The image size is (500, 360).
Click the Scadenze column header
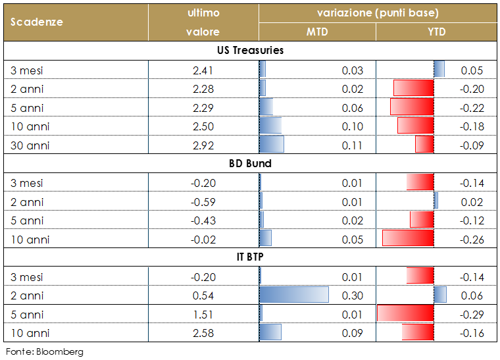tap(37, 22)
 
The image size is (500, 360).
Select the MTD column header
tap(316, 32)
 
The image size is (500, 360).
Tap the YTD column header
tap(436, 32)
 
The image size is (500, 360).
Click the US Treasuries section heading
tap(250, 51)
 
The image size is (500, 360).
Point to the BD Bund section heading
tap(250, 164)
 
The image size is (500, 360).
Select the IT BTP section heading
tap(250, 258)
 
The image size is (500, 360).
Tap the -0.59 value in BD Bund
tap(202, 202)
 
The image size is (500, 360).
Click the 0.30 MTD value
tap(353, 296)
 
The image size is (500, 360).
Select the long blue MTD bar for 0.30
tap(294, 296)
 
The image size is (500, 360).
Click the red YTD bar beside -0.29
tap(405, 315)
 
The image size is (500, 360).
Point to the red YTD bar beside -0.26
tap(408, 240)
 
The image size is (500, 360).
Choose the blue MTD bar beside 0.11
tap(272, 145)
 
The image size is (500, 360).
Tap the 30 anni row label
tap(30, 145)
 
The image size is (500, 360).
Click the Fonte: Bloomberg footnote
tap(45, 351)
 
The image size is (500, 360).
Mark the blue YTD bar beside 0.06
tap(440, 296)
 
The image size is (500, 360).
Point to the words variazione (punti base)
tap(378, 13)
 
